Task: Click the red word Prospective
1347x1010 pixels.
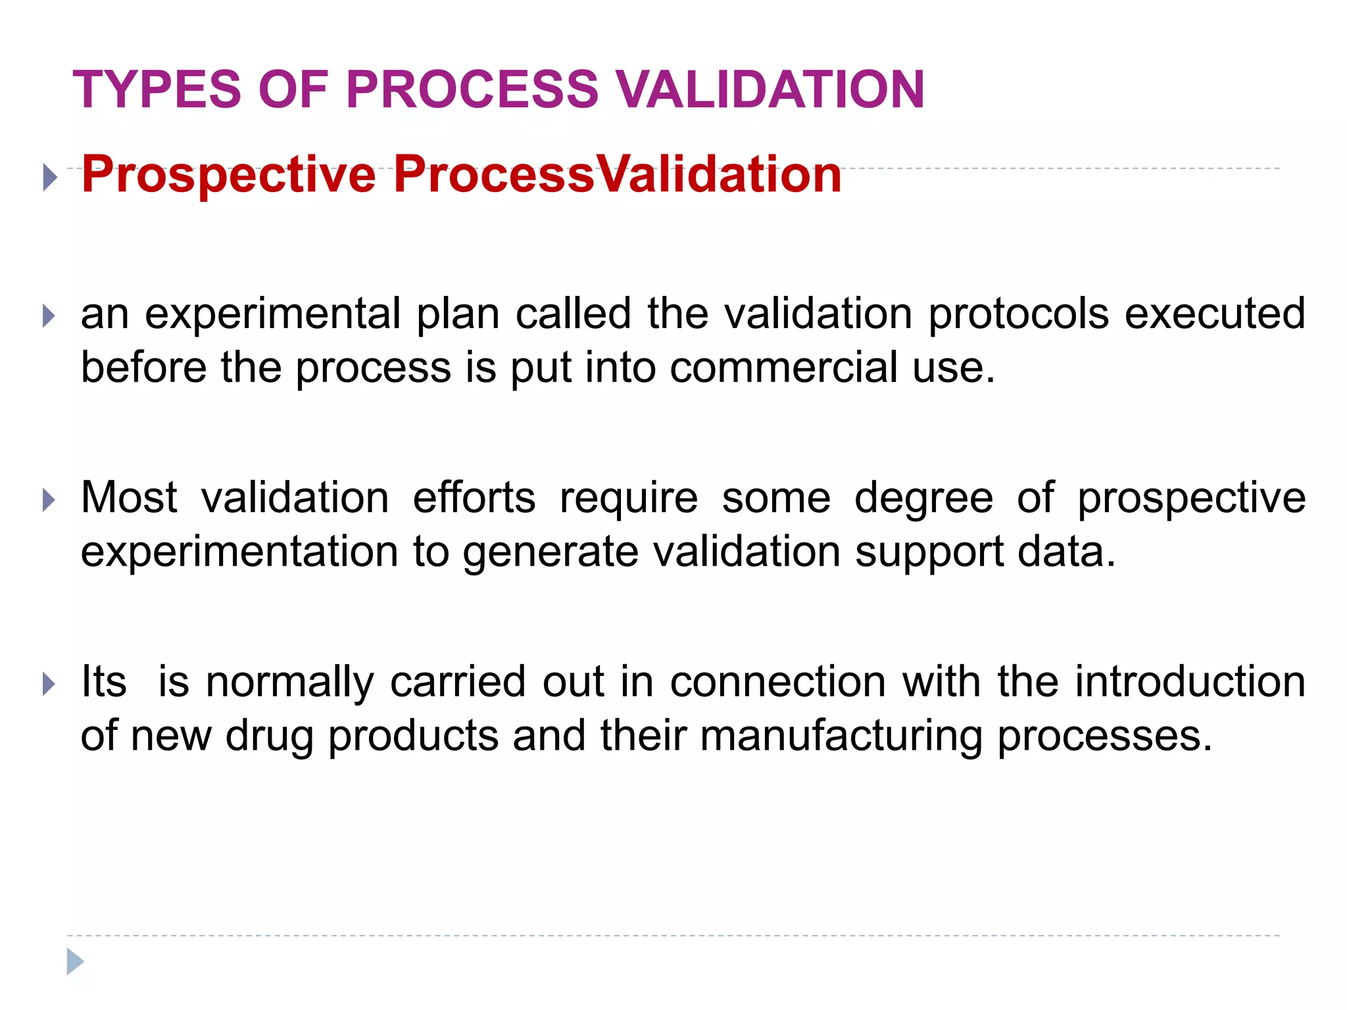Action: (x=228, y=175)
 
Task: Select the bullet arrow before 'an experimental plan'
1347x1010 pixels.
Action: (x=49, y=316)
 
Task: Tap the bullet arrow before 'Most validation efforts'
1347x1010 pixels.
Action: (x=49, y=500)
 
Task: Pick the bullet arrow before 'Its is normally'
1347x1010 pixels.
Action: (x=49, y=685)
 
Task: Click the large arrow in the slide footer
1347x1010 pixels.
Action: (x=75, y=961)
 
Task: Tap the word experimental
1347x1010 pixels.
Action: (x=272, y=314)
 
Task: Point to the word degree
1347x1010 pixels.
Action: (x=923, y=498)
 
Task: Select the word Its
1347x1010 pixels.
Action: (x=103, y=682)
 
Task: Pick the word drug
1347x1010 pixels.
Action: (x=269, y=736)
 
